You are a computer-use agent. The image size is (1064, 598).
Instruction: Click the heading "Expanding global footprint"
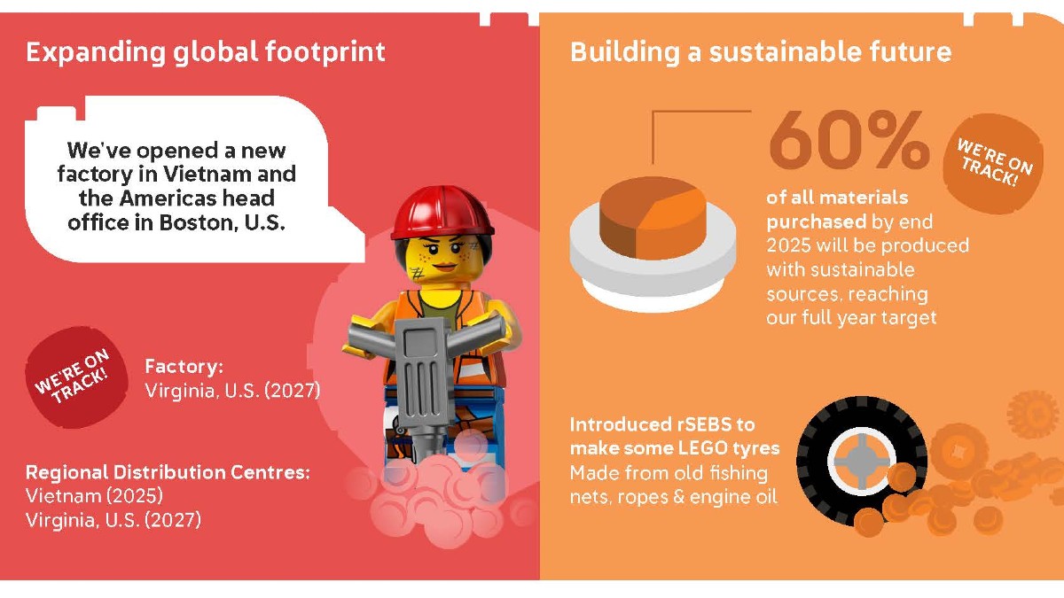coord(206,52)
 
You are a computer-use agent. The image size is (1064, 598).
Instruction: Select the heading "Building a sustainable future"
coord(760,52)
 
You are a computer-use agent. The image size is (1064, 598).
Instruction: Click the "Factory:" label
coord(184,366)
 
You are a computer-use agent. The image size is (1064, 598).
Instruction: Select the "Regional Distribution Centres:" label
coord(168,472)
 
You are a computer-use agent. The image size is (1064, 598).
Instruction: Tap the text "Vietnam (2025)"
coord(94,495)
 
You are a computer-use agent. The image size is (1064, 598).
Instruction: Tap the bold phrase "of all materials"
coord(837,197)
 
